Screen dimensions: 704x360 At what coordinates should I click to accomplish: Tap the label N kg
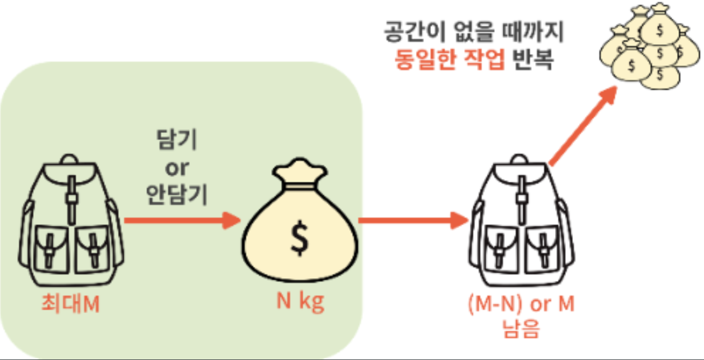tap(300, 302)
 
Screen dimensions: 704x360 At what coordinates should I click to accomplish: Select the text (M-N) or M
tap(521, 304)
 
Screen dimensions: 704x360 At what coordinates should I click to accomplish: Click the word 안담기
tap(177, 195)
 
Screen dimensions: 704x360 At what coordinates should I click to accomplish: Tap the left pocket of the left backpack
tap(50, 249)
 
